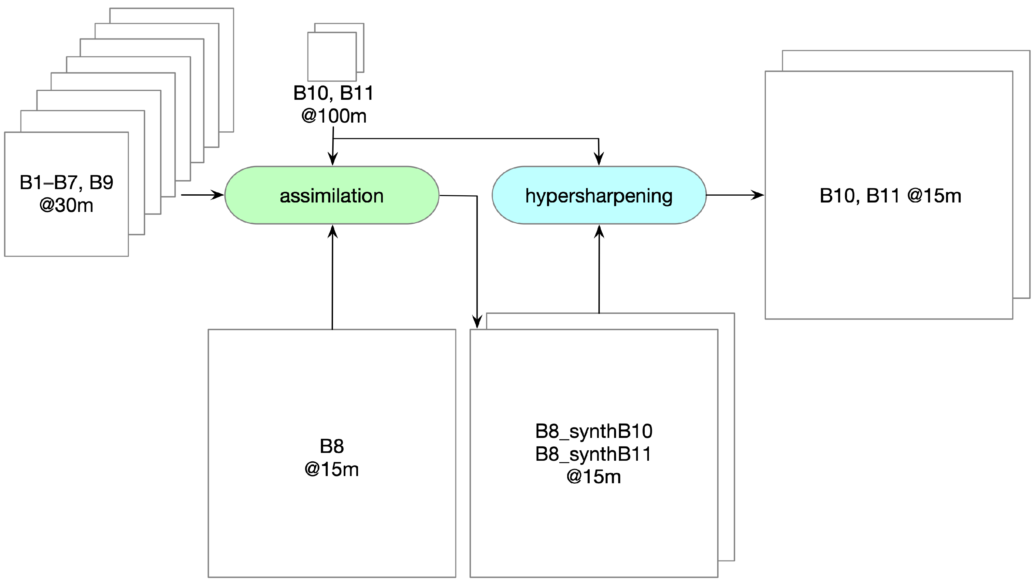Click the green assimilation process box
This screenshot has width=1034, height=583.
tap(332, 195)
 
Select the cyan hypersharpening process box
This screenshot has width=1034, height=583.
tap(598, 195)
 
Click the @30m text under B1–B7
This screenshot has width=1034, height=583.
tap(67, 205)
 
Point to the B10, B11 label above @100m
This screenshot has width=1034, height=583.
tap(334, 93)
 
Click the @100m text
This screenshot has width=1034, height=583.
tap(334, 116)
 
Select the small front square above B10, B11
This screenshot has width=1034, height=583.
tap(332, 56)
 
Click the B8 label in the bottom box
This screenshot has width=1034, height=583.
tap(332, 446)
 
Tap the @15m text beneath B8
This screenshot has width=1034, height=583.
tap(332, 469)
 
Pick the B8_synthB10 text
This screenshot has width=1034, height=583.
tap(594, 431)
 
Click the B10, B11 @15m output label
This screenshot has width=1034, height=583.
tap(890, 196)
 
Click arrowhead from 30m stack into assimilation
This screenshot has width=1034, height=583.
tap(218, 195)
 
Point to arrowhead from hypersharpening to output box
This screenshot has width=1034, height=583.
tap(758, 195)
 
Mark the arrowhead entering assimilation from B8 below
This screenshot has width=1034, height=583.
tap(332, 232)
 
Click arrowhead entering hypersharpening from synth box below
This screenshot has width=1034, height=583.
tap(599, 232)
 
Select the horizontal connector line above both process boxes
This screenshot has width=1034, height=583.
tap(466, 139)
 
